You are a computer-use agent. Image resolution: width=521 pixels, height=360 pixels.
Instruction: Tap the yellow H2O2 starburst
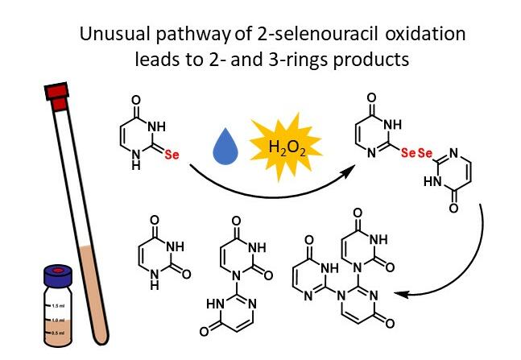283,147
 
